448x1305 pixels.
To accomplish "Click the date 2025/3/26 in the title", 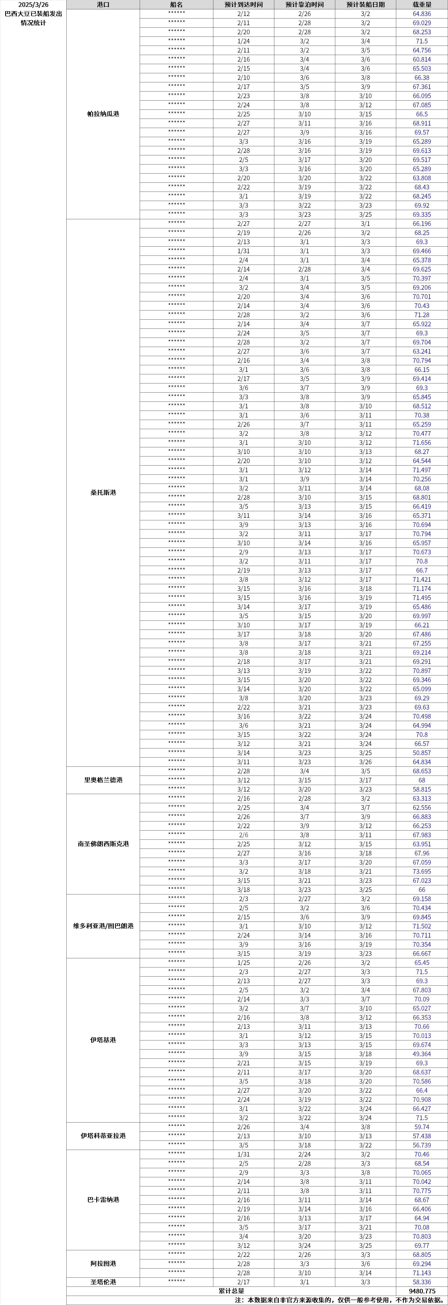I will (x=33, y=5).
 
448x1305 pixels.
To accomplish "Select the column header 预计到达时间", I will (x=244, y=5).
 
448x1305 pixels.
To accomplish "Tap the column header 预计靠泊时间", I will (x=304, y=5).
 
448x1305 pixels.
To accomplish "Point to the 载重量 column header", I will (x=422, y=5).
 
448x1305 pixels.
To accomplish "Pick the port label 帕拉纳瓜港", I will (x=103, y=114).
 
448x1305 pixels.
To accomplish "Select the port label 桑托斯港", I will (x=103, y=493).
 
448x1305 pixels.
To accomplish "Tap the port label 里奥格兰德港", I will (x=103, y=780).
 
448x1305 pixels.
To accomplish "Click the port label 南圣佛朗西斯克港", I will (x=103, y=844).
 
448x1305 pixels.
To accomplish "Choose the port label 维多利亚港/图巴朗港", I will (x=103, y=926).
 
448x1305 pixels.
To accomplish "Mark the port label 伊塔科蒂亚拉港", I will (x=103, y=1136).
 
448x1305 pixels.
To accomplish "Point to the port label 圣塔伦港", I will (x=103, y=1282).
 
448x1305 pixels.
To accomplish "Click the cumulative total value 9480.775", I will (x=422, y=1291).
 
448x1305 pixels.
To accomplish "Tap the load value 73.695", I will (x=422, y=871).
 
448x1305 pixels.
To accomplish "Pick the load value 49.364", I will (x=422, y=1054).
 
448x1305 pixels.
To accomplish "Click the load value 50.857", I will (x=422, y=753).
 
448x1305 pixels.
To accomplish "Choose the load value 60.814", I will (x=422, y=59).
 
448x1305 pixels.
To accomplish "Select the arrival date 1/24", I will (x=244, y=41).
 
